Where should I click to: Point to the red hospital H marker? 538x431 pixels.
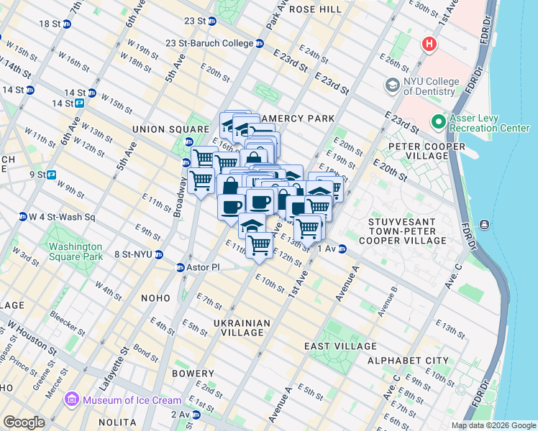430,45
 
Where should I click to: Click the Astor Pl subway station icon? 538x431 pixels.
181,267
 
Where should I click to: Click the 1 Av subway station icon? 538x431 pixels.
343,249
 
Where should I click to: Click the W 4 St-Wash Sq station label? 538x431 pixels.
61,216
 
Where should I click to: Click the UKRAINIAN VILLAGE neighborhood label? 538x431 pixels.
242,328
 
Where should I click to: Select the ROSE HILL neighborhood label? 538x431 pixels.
315,9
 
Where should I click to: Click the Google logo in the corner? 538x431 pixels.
24,422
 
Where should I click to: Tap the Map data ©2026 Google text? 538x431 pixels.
493,425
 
